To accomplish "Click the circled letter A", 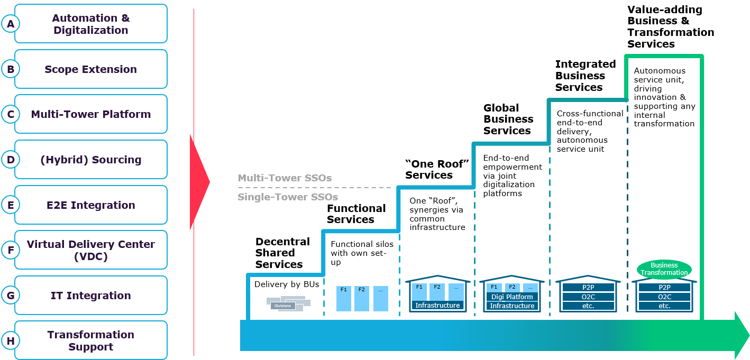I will pos(11,24).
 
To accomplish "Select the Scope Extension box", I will pos(91,69).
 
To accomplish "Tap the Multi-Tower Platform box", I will pos(91,114).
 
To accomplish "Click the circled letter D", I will pos(11,160).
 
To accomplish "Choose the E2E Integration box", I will pos(91,205).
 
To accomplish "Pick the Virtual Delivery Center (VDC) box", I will pos(91,250).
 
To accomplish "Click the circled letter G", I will pos(11,296).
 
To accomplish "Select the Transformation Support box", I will pos(91,340).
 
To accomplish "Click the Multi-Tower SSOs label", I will pos(285,178).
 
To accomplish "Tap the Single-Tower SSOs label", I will pos(288,197).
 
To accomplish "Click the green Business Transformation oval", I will pos(664,269).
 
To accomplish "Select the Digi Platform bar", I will pos(512,297).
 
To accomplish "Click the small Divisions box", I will pos(282,306).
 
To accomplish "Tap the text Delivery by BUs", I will pos(287,284).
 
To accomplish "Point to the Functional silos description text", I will pos(362,253).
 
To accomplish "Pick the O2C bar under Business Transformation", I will pos(664,297).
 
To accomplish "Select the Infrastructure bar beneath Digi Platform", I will pos(512,306).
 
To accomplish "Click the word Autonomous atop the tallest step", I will pos(660,71).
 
